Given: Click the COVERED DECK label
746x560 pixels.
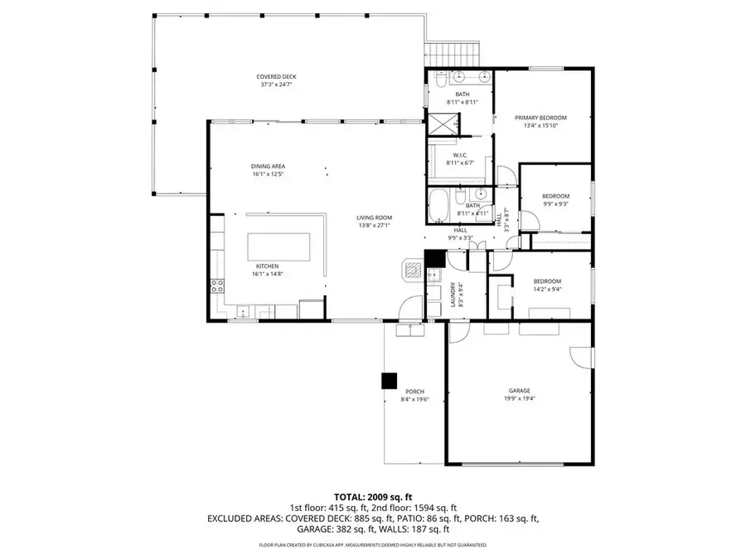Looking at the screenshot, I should (x=274, y=75).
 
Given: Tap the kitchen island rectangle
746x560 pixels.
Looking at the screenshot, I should (x=279, y=246).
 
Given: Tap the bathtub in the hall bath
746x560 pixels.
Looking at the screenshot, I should (x=438, y=207).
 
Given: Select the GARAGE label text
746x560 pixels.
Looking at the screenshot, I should (x=520, y=391).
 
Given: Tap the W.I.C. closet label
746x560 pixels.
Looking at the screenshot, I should (x=459, y=155).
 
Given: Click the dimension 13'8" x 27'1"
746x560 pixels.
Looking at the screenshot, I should (x=374, y=226).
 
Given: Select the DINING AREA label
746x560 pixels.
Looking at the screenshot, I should (x=268, y=166).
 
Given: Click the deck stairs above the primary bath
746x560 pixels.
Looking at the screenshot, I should (x=453, y=54).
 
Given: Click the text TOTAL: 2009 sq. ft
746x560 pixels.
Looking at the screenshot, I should (x=372, y=495).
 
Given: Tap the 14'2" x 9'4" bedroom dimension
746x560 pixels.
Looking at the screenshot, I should (x=547, y=290).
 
